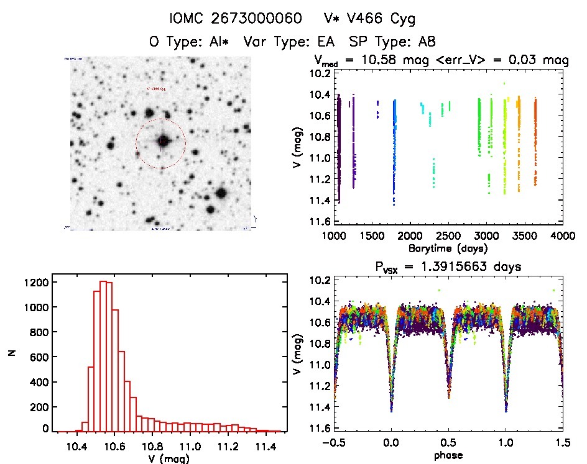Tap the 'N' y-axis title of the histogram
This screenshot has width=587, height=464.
[11, 353]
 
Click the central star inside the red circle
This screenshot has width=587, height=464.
[162, 141]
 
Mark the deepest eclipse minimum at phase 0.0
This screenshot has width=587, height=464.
[391, 410]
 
